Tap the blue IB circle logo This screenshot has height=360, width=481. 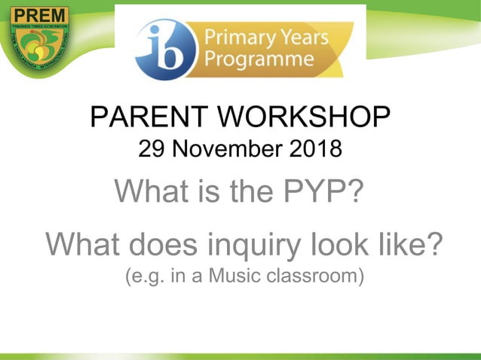click(164, 48)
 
